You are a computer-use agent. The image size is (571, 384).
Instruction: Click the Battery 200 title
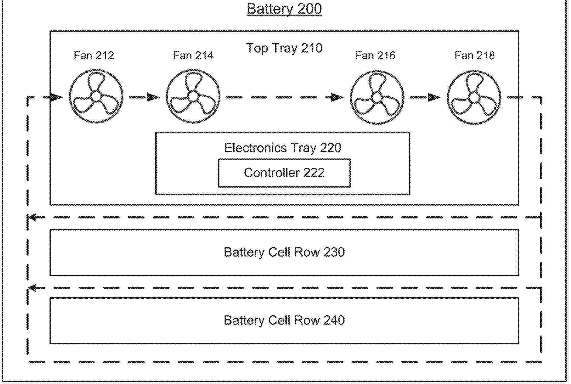[284, 9]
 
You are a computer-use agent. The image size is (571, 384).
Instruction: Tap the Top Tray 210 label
[284, 48]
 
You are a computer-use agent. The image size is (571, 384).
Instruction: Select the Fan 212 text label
[94, 56]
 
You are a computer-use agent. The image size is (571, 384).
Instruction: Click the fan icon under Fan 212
[96, 96]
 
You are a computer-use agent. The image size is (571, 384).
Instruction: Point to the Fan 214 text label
[193, 56]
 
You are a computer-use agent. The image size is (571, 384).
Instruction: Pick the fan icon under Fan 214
[193, 96]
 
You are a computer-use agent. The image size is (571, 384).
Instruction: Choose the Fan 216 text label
[375, 56]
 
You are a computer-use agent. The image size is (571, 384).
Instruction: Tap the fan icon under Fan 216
[377, 97]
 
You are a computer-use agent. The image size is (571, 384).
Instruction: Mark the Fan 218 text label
[475, 56]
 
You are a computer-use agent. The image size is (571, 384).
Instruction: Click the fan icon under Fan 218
[474, 97]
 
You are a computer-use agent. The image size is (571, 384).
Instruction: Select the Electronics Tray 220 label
[283, 148]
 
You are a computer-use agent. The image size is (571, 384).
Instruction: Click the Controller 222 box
[284, 173]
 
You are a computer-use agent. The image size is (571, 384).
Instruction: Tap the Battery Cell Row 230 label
[284, 252]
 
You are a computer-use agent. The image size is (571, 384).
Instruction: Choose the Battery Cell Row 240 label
[284, 321]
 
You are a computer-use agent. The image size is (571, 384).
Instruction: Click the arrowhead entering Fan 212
[56, 97]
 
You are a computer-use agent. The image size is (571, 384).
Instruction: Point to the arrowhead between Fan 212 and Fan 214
[153, 97]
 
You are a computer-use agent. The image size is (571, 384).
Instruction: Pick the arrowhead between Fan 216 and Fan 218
[434, 97]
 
